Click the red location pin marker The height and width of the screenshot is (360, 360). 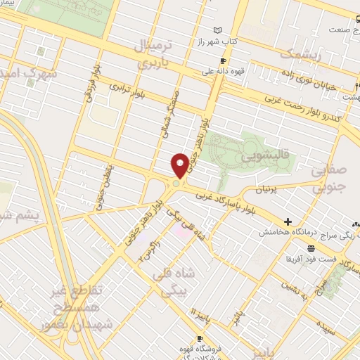pyautogui.click(x=180, y=165)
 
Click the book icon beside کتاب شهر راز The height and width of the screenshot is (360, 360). pyautogui.click(x=217, y=30)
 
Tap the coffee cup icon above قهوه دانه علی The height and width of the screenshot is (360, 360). pyautogui.click(x=222, y=60)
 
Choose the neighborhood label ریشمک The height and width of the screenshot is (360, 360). pyautogui.click(x=299, y=53)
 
